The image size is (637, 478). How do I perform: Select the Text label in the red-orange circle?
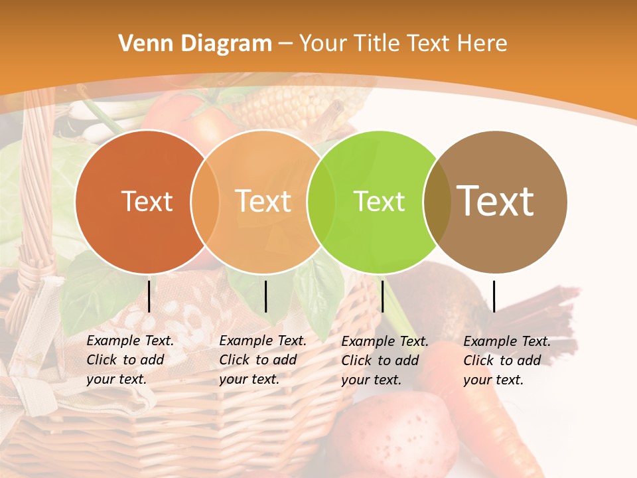147,202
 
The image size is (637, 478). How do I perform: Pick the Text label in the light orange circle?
263,202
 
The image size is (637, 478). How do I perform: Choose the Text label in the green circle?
379,202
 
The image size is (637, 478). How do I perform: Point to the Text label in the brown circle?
496,200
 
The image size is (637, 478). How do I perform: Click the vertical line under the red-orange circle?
149,296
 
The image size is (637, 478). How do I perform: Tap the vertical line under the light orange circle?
265,296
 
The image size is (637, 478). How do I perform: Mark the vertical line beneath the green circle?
382,296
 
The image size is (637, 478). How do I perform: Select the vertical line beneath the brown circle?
494,296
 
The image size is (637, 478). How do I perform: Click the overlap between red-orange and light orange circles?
205,202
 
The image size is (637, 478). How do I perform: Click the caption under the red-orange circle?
130,360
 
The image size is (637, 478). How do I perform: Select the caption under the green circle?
385,360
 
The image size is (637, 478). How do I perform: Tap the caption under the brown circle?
507,360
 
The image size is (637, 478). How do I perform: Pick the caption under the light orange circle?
263,360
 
